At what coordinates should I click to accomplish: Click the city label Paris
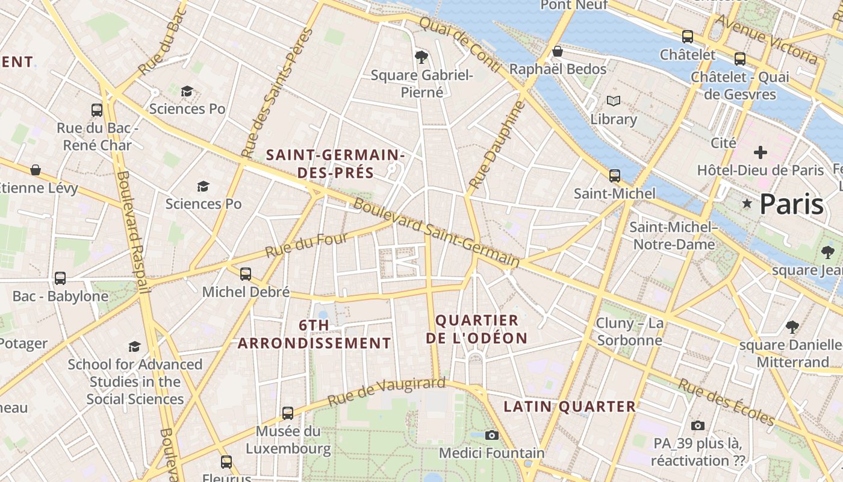click(x=791, y=204)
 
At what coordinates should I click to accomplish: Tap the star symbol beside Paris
click(x=747, y=204)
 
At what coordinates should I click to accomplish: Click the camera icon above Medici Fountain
click(x=492, y=435)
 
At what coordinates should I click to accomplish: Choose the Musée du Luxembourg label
click(x=288, y=440)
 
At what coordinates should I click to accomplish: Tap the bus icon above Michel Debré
click(x=245, y=274)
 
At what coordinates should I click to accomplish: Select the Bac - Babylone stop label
click(x=60, y=296)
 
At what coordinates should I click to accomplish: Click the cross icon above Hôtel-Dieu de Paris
click(x=760, y=152)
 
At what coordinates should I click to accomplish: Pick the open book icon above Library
click(x=613, y=101)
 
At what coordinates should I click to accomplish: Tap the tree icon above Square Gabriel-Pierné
click(x=421, y=57)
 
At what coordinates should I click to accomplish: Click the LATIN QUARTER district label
click(x=570, y=407)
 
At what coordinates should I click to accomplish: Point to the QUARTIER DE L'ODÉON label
click(x=476, y=329)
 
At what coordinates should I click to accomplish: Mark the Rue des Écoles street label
click(x=726, y=402)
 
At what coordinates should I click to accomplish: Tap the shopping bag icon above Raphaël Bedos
click(x=558, y=51)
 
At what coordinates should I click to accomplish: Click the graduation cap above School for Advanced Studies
click(x=134, y=346)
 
